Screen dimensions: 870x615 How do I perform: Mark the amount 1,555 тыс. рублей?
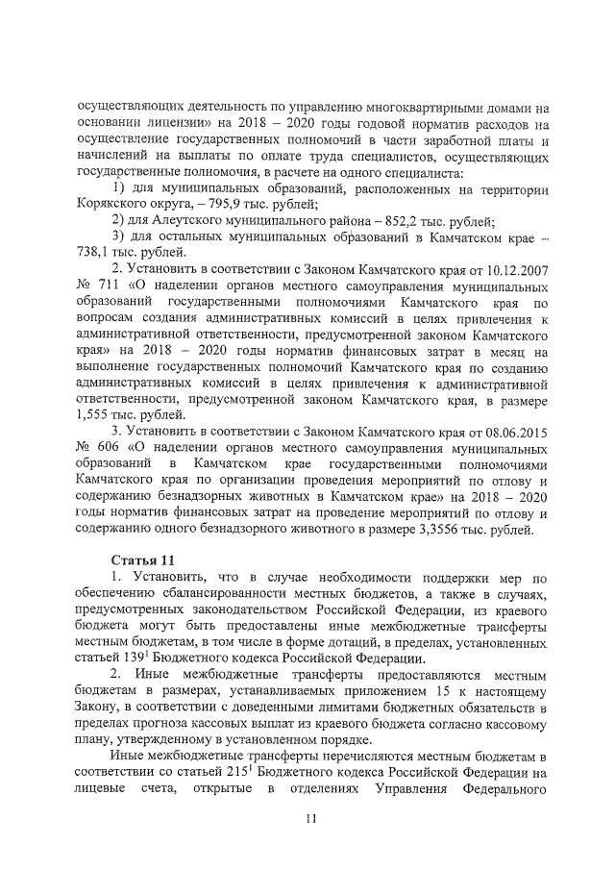pyautogui.click(x=95, y=414)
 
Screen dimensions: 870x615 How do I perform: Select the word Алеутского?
pyautogui.click(x=184, y=221)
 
